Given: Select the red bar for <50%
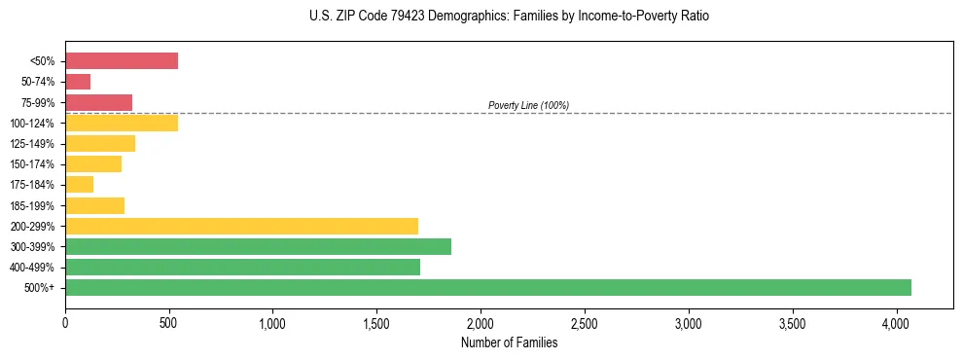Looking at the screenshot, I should pos(122,61).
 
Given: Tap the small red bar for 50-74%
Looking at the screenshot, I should pos(78,82).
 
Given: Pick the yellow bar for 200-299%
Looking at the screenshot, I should pos(241,226).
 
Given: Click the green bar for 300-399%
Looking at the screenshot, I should pos(258,246).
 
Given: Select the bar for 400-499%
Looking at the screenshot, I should pos(242,267).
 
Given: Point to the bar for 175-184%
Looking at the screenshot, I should pos(79,185).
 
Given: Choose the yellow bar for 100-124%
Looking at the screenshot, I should pos(122,123).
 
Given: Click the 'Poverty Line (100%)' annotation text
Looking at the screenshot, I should pos(528,105).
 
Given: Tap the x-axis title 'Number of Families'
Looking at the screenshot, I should pos(509,342).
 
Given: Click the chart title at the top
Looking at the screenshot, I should pos(510,17).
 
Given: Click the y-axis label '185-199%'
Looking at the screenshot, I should pos(34,205).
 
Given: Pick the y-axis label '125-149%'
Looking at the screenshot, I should pos(34,144).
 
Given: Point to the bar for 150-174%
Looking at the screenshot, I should pos(93,164).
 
